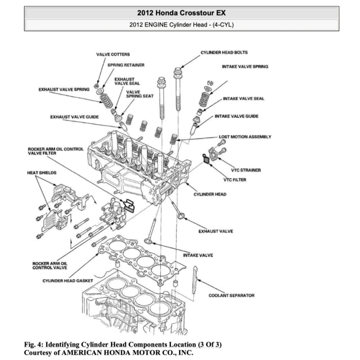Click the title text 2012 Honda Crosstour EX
181,13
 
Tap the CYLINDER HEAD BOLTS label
224,53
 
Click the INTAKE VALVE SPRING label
245,66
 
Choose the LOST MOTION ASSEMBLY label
245,137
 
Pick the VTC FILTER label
235,180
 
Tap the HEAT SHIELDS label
42,173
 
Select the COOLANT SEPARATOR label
232,296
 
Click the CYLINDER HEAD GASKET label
68,281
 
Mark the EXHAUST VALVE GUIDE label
74,117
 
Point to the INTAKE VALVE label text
198,255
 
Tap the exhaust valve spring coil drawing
107,101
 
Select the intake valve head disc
148,241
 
